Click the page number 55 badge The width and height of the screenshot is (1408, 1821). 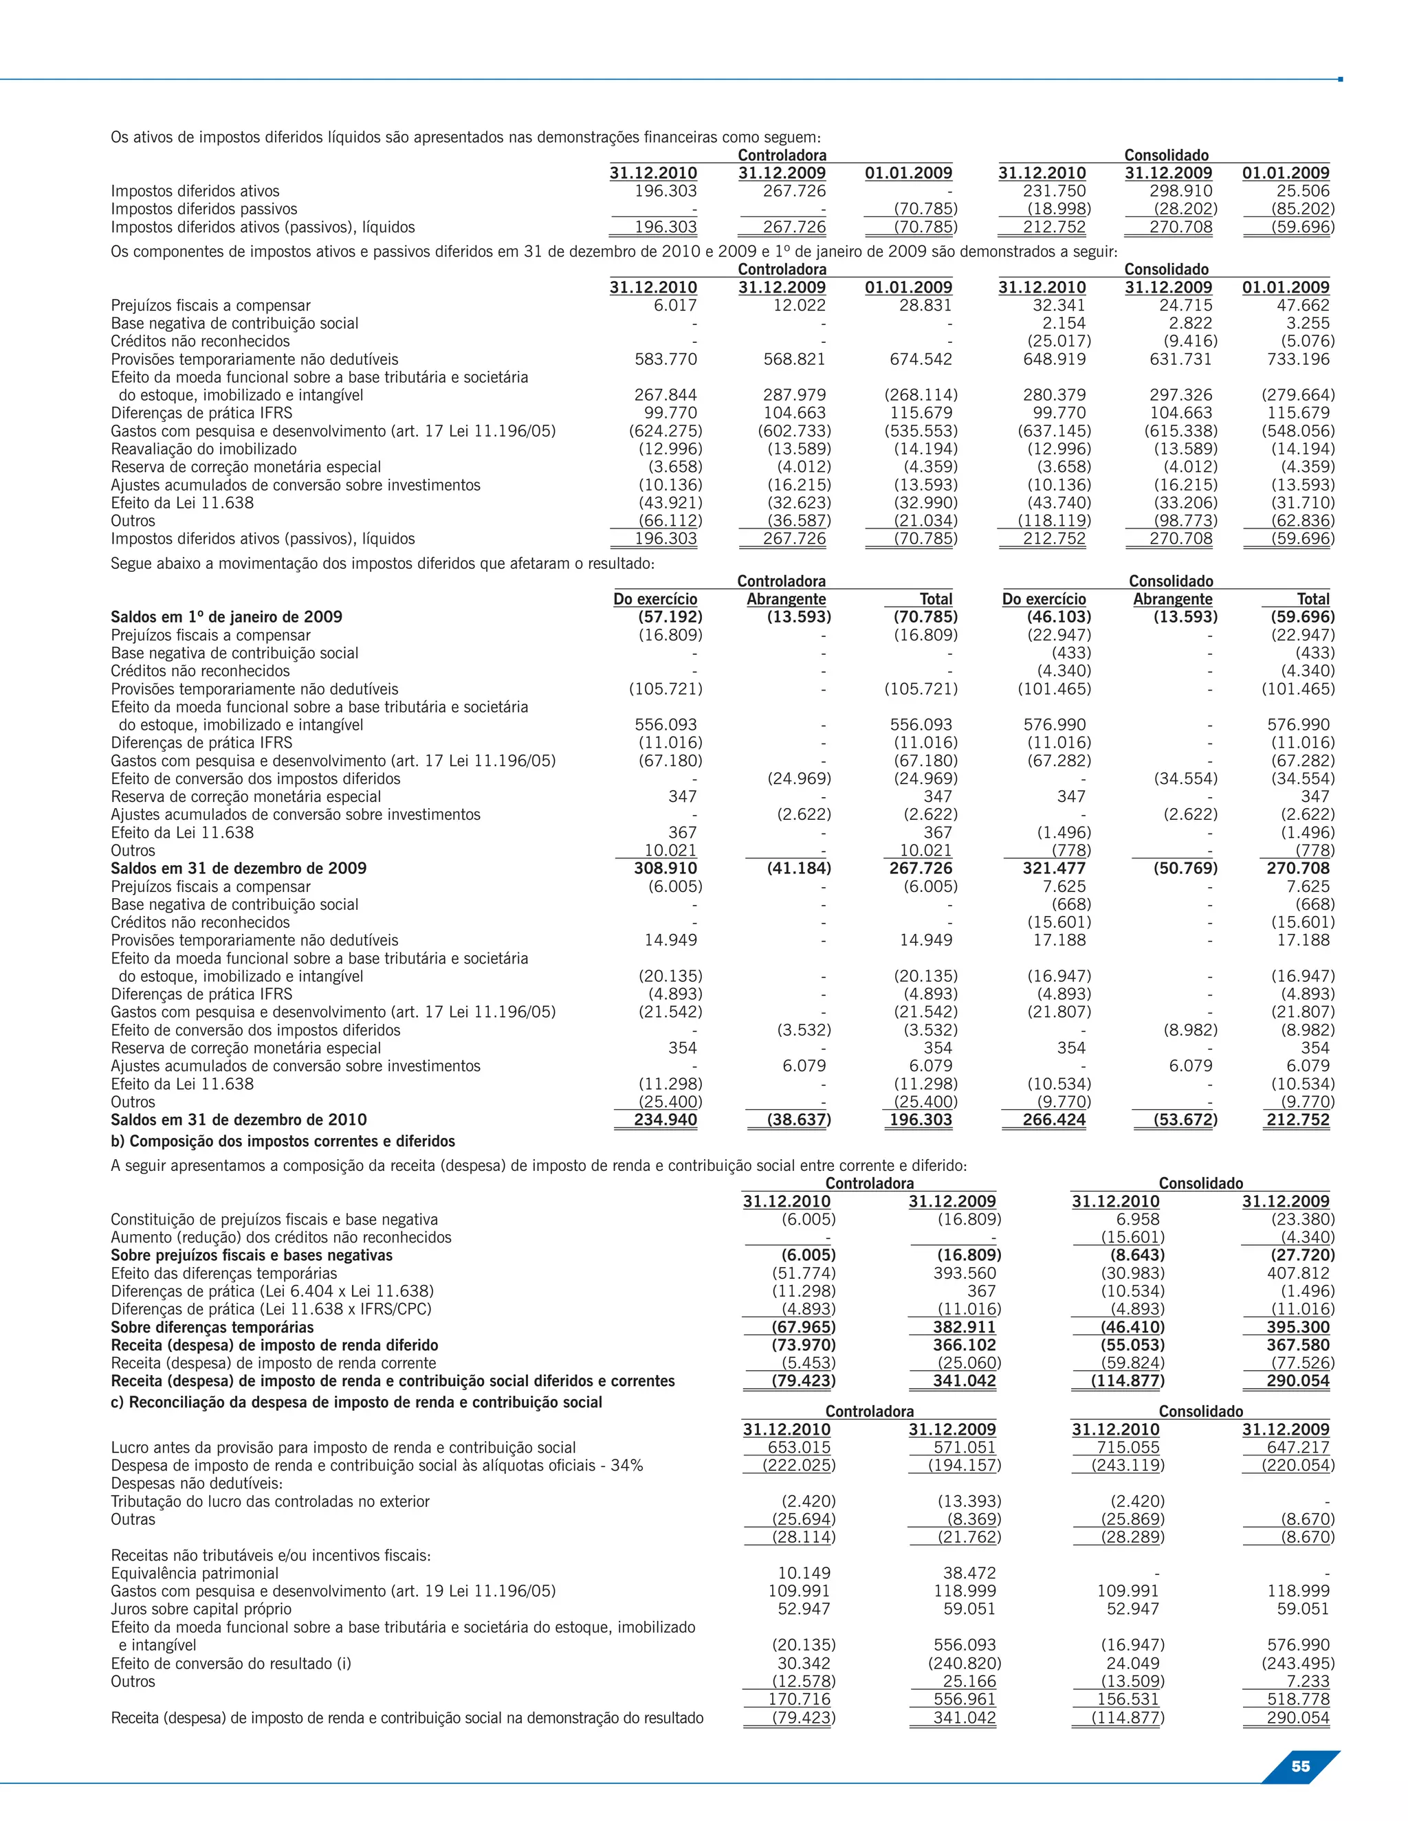1299,1766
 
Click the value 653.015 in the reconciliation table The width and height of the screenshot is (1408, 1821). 798,1447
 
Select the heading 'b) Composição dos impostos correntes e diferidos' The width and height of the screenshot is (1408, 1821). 283,1141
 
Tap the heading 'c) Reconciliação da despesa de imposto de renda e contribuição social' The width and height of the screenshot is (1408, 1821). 356,1402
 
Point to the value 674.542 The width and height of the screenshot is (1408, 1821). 920,359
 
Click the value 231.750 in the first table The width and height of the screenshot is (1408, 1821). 1055,191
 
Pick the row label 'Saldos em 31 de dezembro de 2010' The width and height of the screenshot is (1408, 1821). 239,1120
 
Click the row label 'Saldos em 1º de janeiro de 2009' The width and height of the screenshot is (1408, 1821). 226,617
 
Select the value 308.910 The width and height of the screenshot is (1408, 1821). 665,868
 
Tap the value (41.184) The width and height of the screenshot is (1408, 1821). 798,868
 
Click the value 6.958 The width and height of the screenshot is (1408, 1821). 1138,1219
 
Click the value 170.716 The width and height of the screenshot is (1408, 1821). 798,1699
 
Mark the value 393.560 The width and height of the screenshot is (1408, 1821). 965,1273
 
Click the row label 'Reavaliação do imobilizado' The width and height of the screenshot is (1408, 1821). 203,449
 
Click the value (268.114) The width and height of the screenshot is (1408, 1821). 920,395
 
